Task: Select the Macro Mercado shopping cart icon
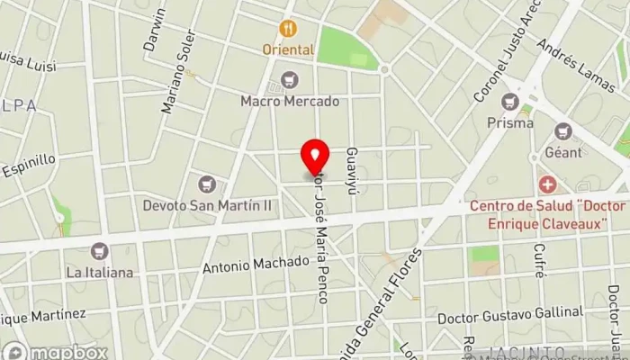(289, 80)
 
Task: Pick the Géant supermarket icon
(563, 131)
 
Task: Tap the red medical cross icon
(547, 185)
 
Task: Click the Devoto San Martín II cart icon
(208, 184)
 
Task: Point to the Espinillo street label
(29, 166)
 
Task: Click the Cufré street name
(538, 261)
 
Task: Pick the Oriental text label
(288, 50)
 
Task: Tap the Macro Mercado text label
(290, 101)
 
